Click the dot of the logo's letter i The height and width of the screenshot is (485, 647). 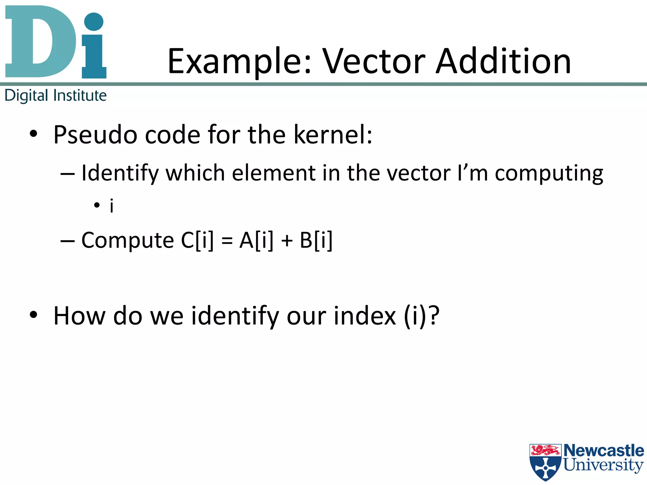[94, 21]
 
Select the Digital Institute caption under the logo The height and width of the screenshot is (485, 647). [56, 95]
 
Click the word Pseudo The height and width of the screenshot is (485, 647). [95, 135]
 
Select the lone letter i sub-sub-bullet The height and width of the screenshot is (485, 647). [111, 206]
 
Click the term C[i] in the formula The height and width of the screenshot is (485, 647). [197, 241]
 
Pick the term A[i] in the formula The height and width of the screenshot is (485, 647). [256, 241]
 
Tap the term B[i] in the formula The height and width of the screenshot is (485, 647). [316, 241]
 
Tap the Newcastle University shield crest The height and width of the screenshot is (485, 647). [545, 462]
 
